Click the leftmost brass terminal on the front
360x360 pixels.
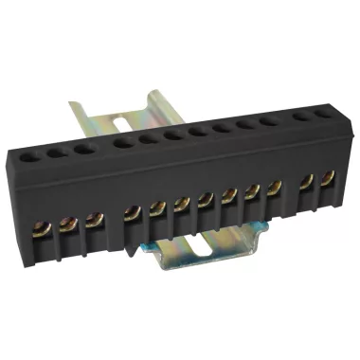coord(41,227)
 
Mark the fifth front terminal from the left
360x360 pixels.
coord(157,207)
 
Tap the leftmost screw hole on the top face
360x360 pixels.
coord(32,153)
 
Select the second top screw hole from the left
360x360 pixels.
coord(57,150)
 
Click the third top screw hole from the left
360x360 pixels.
coord(82,147)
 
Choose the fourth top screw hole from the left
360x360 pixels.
coord(122,142)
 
